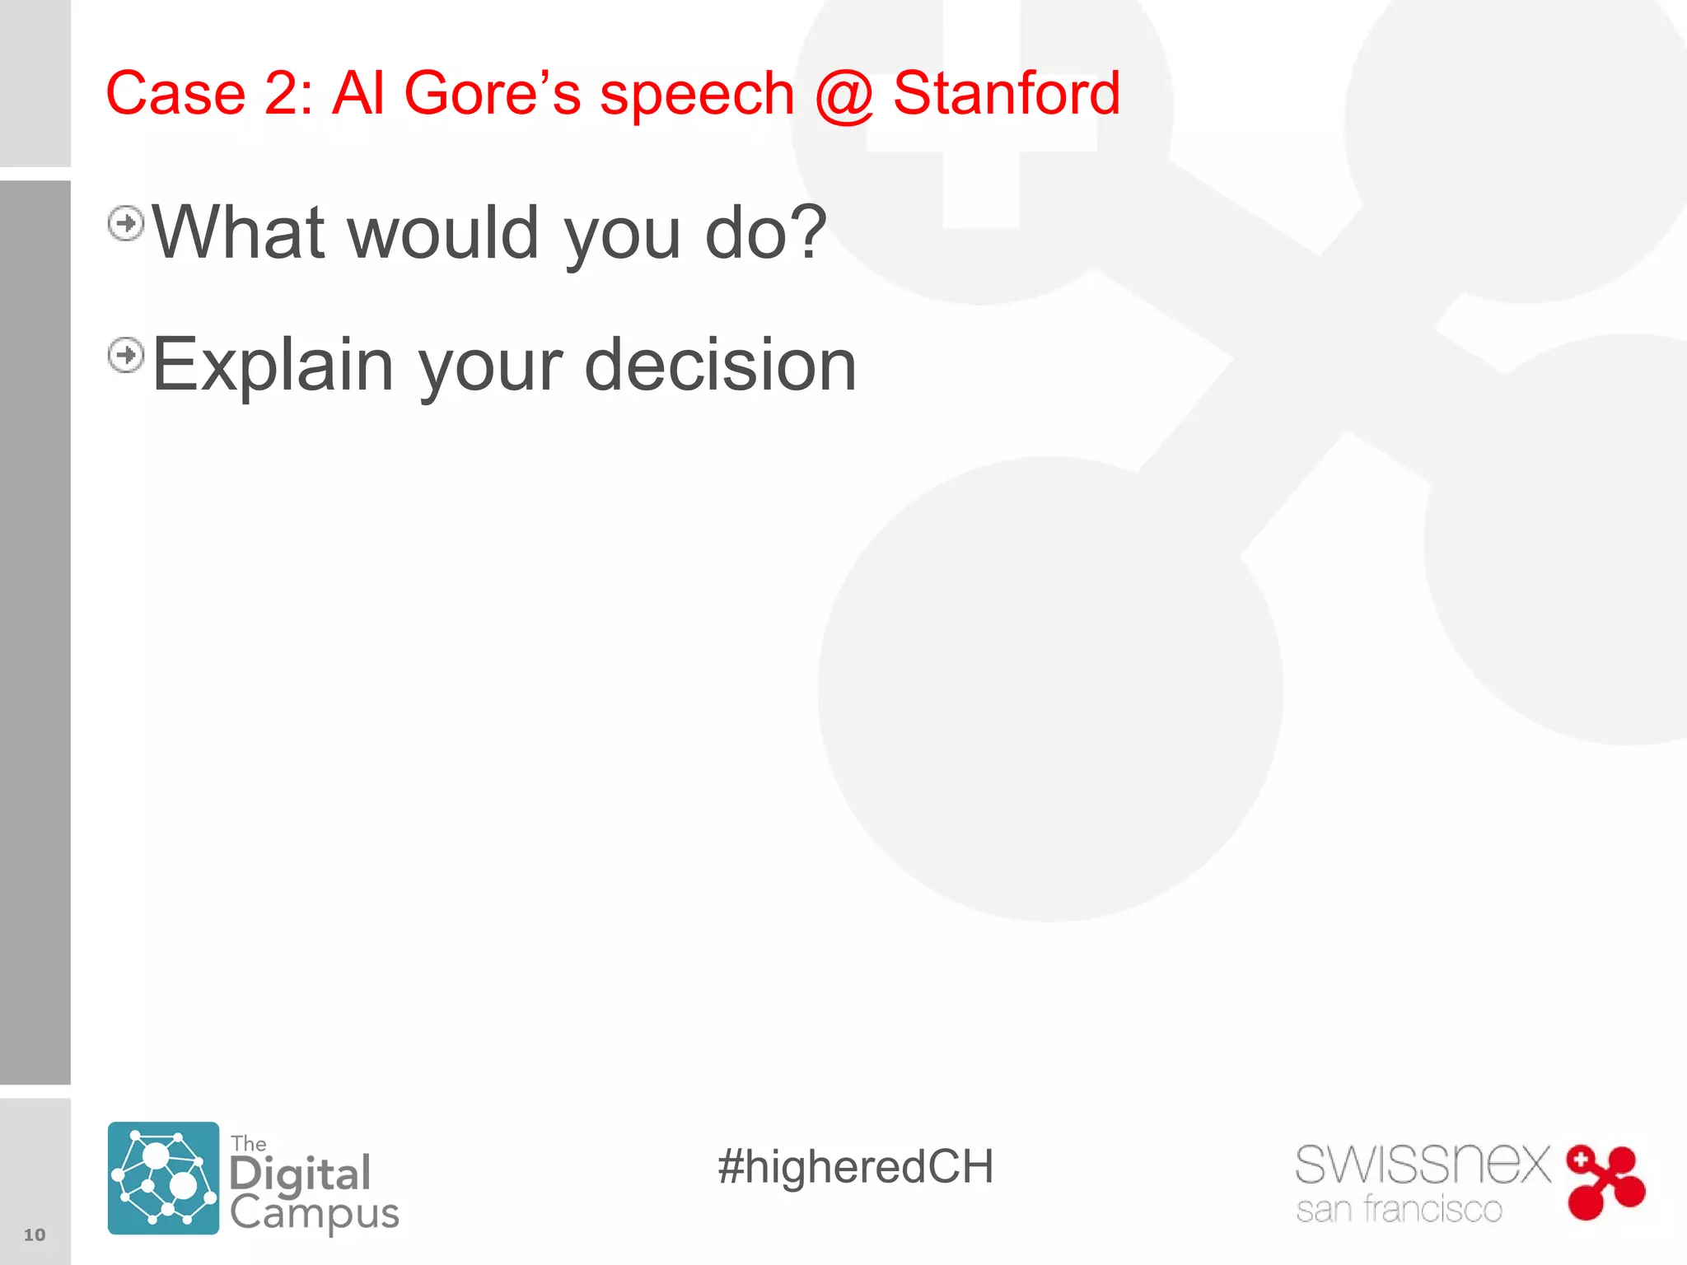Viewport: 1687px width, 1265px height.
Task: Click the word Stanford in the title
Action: point(1006,93)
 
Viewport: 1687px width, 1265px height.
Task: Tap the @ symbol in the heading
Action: point(843,96)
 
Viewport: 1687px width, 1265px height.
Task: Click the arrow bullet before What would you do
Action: point(126,223)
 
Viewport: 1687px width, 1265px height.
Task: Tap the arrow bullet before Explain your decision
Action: point(126,355)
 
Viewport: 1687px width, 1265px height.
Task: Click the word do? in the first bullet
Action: point(766,233)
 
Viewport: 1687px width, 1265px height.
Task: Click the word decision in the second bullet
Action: point(721,365)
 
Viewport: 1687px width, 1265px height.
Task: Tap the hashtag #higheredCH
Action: point(855,1167)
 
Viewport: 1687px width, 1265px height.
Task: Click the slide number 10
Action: point(35,1235)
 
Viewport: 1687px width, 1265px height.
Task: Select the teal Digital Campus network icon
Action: point(163,1178)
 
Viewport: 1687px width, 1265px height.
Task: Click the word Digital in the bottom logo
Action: point(300,1174)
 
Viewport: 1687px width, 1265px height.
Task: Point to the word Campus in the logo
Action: point(314,1213)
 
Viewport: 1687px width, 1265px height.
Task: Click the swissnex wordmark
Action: point(1423,1165)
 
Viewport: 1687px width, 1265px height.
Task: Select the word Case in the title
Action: point(175,93)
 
